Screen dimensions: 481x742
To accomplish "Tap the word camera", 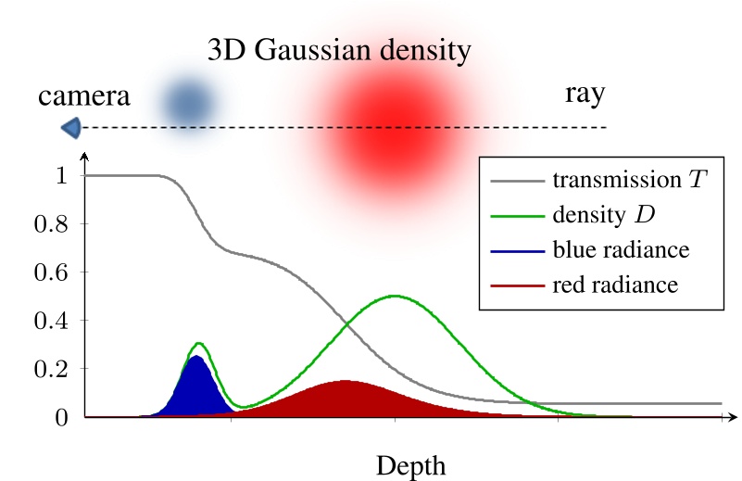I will point(84,95).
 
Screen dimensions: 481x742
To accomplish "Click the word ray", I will point(585,95).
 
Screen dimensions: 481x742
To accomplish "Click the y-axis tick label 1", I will point(64,175).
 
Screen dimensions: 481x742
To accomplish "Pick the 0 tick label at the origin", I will point(64,417).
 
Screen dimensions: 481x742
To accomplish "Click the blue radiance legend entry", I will point(611,249).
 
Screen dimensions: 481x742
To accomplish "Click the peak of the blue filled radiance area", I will point(195,359).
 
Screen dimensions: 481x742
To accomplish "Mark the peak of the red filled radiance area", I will point(345,382).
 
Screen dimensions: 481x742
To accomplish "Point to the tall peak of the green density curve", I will point(396,297).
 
